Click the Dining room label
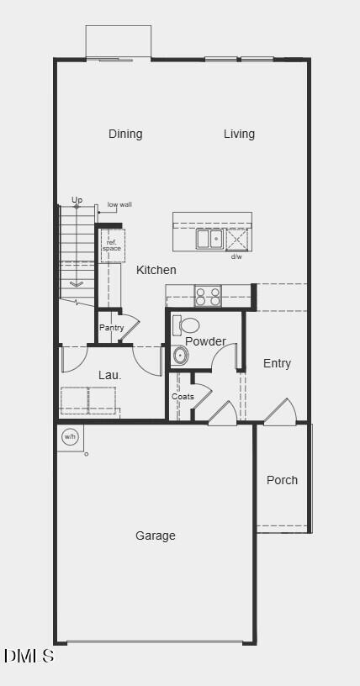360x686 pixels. point(125,134)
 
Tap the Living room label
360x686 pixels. point(239,134)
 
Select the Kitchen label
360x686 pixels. point(156,270)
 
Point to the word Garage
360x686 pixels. point(156,536)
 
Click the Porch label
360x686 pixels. point(282,480)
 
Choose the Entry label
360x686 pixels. point(277,363)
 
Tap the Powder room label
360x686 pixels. point(205,341)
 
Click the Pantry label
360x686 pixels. point(111,328)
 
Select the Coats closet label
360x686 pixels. point(183,397)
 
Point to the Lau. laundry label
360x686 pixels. point(110,375)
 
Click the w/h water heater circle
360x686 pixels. point(70,436)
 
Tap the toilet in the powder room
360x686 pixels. point(188,325)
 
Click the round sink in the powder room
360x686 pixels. point(181,356)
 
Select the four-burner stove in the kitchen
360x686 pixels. point(208,296)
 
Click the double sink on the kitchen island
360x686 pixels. point(210,239)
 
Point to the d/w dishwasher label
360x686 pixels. point(236,256)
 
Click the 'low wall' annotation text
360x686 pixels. point(119,204)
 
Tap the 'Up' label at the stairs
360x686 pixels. point(77,200)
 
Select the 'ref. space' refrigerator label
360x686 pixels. point(112,245)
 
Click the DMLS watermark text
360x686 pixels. point(29,656)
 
